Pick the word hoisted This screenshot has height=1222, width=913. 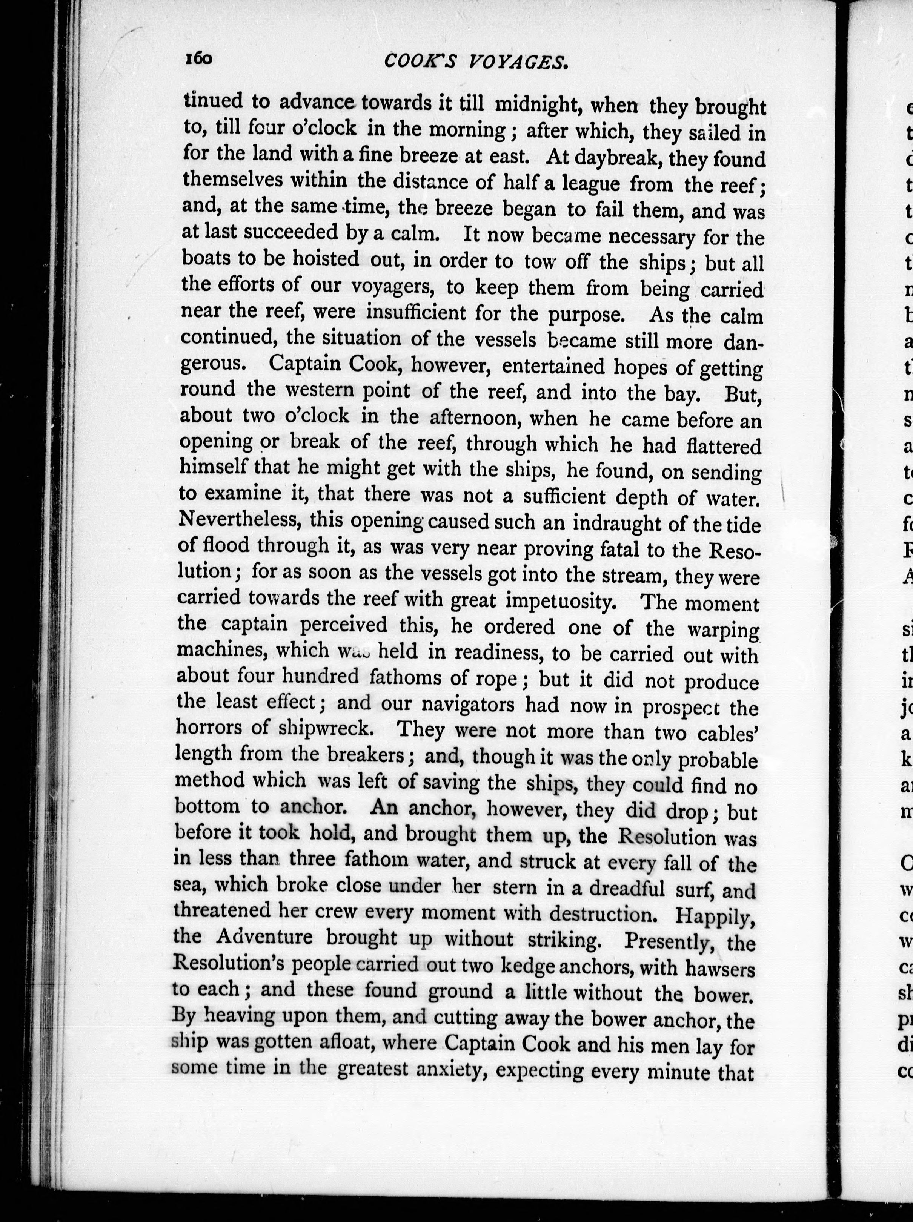pyautogui.click(x=326, y=258)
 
